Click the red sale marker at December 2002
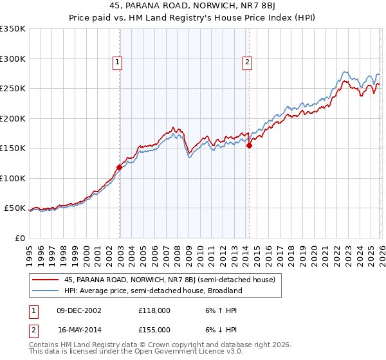point(119,167)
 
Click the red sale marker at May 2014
point(249,145)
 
